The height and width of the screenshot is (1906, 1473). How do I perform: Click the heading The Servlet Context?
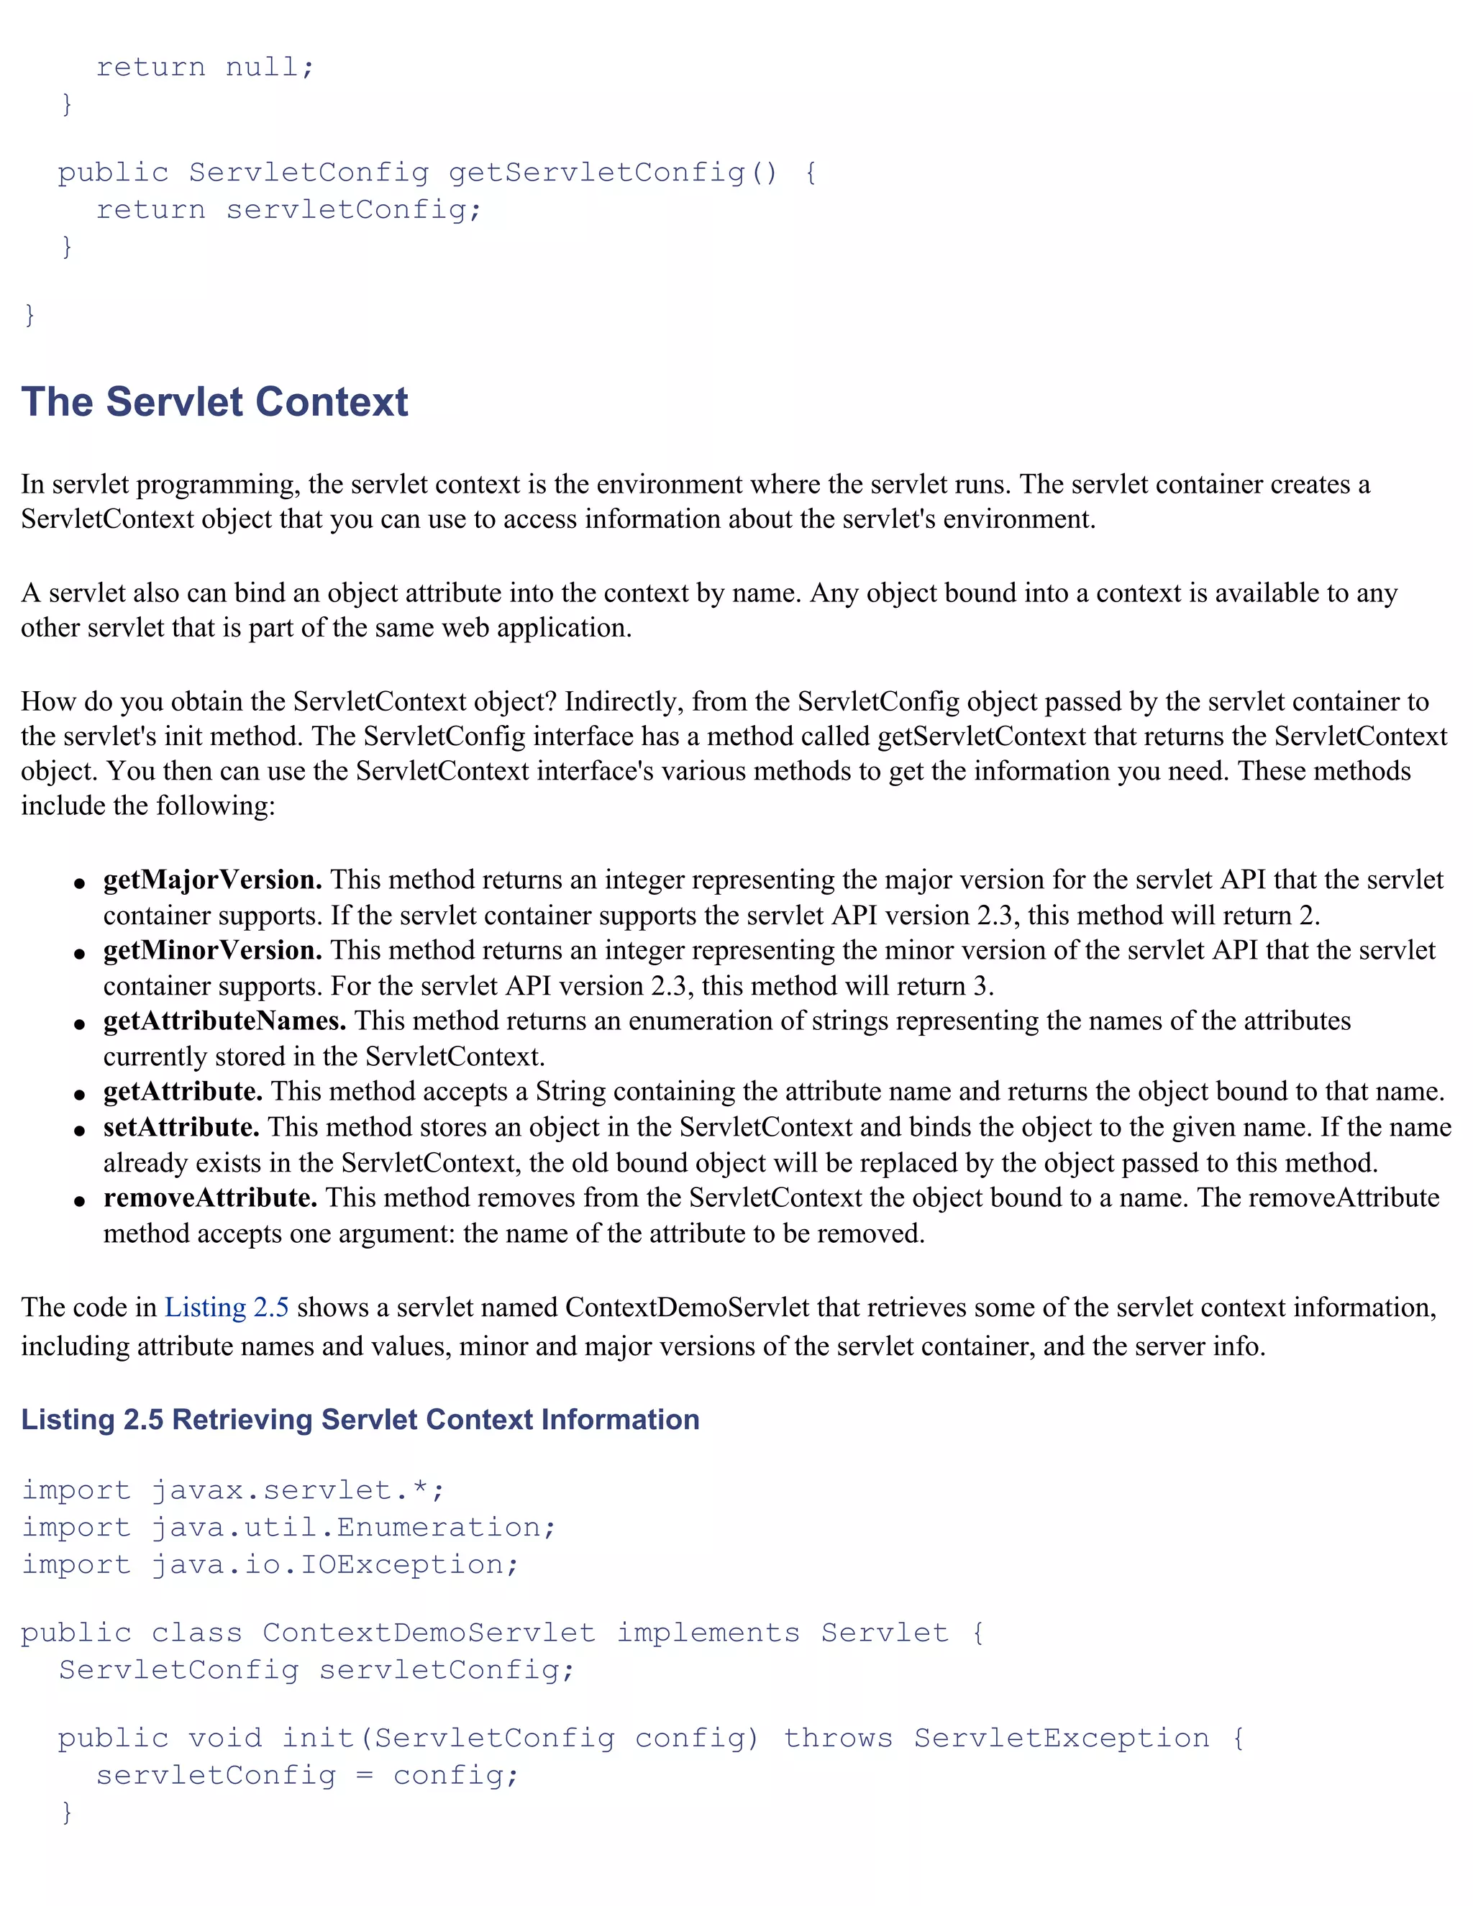[x=214, y=402]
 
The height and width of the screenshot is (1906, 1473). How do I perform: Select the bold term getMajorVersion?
[x=212, y=880]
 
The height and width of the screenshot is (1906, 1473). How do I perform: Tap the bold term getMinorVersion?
[x=212, y=950]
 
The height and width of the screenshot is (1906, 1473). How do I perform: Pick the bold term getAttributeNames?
[x=224, y=1021]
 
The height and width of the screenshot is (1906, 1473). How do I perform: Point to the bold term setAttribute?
[x=181, y=1128]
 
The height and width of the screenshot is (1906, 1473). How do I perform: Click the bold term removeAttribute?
[x=209, y=1198]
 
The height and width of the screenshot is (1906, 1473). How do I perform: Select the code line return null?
[x=204, y=67]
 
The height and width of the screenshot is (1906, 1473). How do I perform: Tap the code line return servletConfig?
[x=288, y=209]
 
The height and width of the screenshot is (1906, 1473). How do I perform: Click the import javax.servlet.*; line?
[x=233, y=1490]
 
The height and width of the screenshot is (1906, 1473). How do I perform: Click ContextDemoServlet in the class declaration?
[x=429, y=1633]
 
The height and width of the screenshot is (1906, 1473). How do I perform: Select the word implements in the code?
[x=708, y=1633]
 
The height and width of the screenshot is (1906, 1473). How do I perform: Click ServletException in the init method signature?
[x=1061, y=1738]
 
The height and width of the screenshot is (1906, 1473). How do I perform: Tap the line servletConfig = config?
[x=307, y=1776]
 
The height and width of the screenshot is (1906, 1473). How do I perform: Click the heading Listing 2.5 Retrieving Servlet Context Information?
[x=360, y=1420]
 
